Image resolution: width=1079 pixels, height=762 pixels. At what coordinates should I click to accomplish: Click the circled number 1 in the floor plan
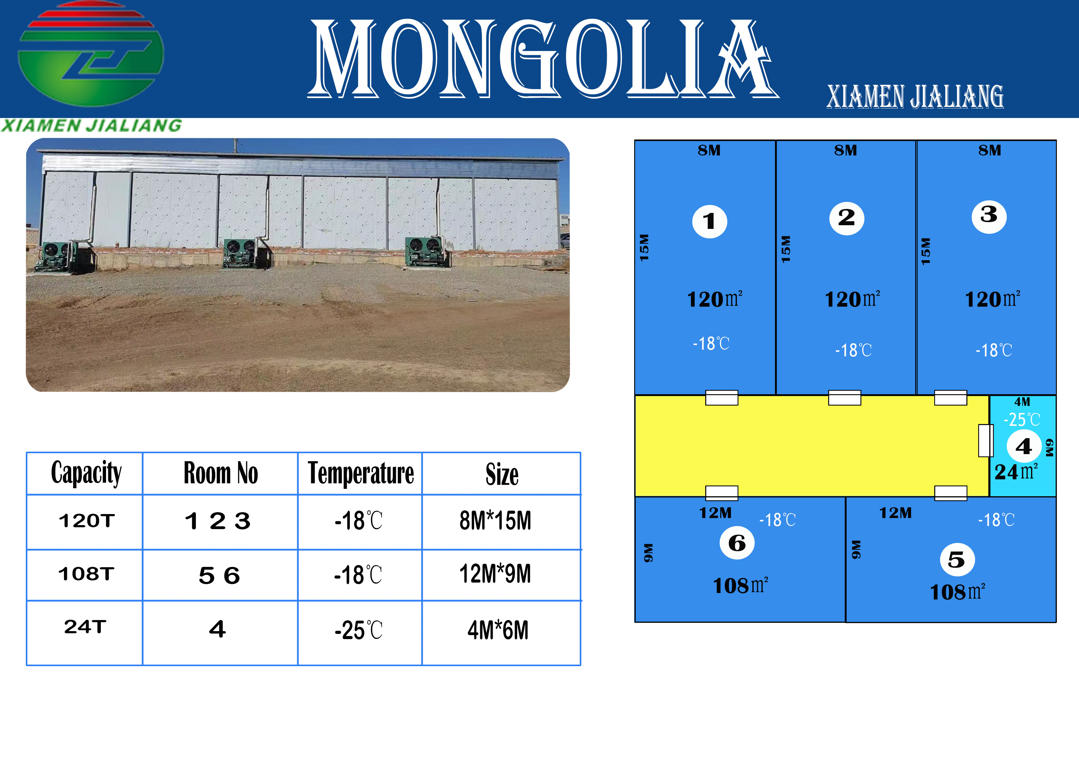point(709,221)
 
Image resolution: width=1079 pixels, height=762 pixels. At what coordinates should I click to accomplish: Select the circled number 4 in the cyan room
point(1024,446)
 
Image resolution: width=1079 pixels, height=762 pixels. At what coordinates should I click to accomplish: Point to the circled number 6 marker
point(737,543)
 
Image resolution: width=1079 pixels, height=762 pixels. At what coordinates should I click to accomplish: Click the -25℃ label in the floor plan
point(1022,419)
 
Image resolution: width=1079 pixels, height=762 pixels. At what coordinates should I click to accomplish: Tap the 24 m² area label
point(1016,472)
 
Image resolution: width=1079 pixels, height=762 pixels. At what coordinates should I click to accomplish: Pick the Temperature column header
point(361,473)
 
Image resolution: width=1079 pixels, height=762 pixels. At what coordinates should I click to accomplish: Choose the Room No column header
point(220,473)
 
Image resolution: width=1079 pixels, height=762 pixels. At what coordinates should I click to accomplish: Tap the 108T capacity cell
point(86,574)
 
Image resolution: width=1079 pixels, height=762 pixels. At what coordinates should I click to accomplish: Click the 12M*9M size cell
point(495,574)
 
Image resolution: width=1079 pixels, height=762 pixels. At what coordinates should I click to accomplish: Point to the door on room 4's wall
point(986,440)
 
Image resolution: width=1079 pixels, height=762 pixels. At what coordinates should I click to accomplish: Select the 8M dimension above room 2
point(845,150)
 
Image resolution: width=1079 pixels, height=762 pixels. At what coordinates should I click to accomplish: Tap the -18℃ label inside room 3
point(994,350)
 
